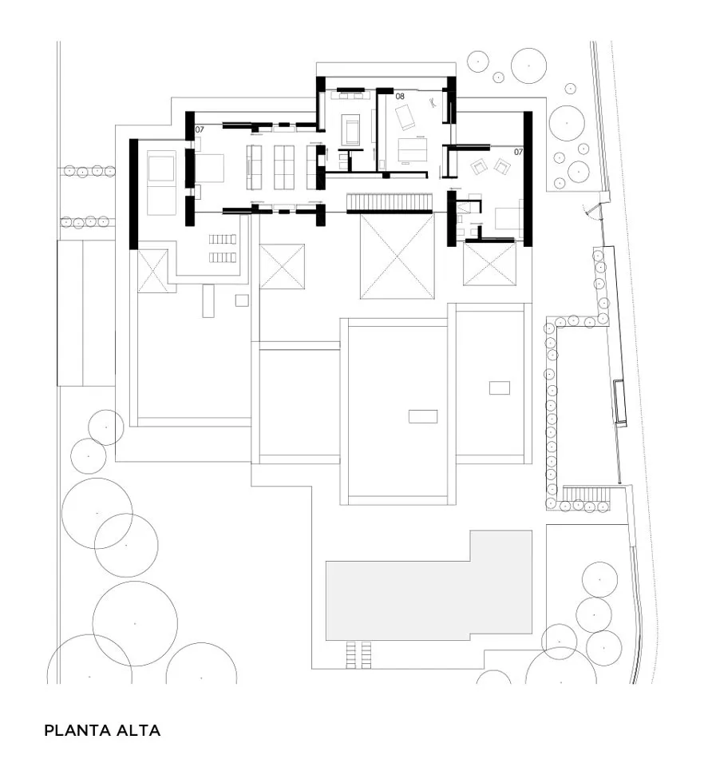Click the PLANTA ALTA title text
tap(102, 730)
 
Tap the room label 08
tap(400, 97)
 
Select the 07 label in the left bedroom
tap(200, 129)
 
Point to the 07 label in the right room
tap(518, 152)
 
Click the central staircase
tap(390, 203)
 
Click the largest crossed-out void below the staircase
tap(397, 256)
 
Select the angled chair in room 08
tap(405, 117)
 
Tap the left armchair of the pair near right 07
tap(479, 167)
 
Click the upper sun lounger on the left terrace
tap(223, 239)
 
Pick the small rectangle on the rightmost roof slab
tap(500, 387)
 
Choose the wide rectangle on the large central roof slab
tap(423, 416)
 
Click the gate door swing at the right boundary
tap(590, 209)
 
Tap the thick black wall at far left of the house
tap(133, 194)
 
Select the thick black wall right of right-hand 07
tap(528, 179)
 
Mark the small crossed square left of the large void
tap(282, 267)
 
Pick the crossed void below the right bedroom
tap(490, 264)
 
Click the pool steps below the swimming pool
tap(359, 655)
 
